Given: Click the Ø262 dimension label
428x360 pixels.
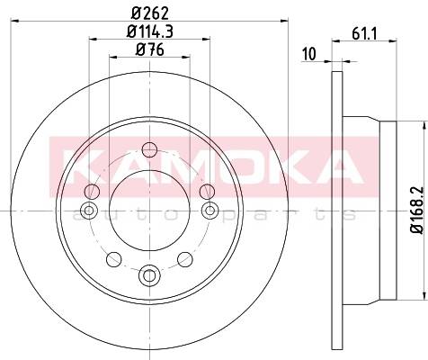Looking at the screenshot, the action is pos(150,13).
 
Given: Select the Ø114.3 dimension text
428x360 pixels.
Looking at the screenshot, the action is pos(150,31).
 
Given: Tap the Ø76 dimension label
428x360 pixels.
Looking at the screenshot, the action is pos(150,49).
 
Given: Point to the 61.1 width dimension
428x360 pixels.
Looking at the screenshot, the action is pos(364,33).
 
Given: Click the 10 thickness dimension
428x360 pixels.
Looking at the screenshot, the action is pos(309,54).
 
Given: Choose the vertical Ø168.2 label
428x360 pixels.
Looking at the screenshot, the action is pos(417,210).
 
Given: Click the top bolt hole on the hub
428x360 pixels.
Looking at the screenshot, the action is pos(149,149).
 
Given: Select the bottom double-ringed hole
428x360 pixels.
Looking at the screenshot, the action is pos(149,274).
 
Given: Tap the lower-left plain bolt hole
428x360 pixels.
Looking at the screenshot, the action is pos(114,259).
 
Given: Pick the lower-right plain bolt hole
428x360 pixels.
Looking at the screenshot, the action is pos(185,259).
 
